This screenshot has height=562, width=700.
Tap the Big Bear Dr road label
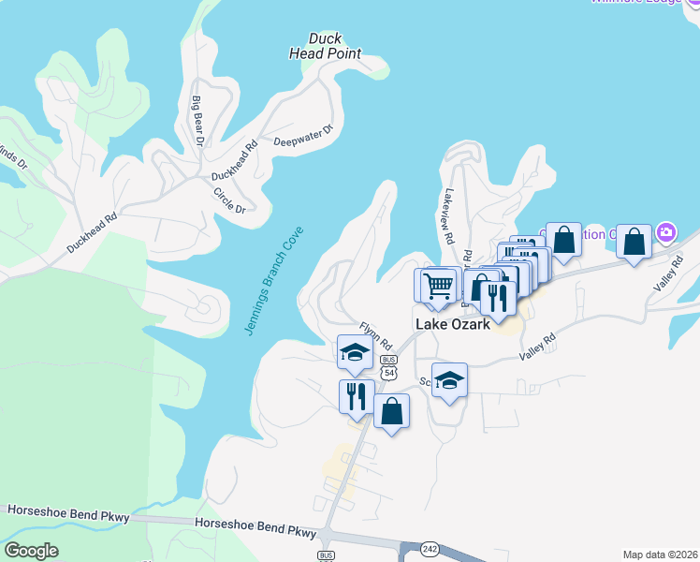[197, 120]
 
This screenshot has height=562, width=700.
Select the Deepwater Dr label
[303, 137]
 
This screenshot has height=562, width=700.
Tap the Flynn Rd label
[375, 335]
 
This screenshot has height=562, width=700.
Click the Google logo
[32, 550]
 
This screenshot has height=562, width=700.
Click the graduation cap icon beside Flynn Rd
[356, 353]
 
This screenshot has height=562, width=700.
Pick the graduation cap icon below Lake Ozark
[449, 380]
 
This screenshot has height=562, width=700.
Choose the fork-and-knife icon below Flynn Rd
[356, 396]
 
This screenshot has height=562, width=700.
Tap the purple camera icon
[666, 231]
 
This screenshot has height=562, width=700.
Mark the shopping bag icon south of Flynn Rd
[391, 411]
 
